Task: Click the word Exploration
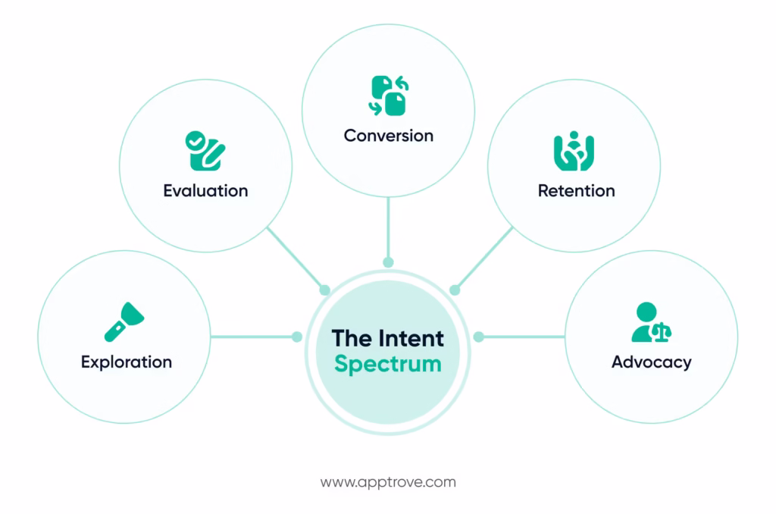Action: click(127, 362)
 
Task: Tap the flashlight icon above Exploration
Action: click(124, 322)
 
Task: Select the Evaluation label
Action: click(205, 190)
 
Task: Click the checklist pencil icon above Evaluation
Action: click(205, 150)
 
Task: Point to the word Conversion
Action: click(388, 136)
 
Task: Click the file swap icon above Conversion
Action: click(388, 95)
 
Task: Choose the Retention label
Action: click(576, 190)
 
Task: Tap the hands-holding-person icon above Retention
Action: click(574, 151)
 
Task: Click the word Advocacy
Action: click(651, 362)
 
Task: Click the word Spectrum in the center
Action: click(387, 363)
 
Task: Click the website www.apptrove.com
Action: click(388, 482)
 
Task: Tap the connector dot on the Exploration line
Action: click(297, 337)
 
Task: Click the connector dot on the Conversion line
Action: click(388, 262)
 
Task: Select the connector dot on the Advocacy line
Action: click(478, 337)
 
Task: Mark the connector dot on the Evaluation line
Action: click(324, 290)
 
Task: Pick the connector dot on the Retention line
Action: click(455, 290)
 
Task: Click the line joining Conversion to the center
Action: click(388, 227)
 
